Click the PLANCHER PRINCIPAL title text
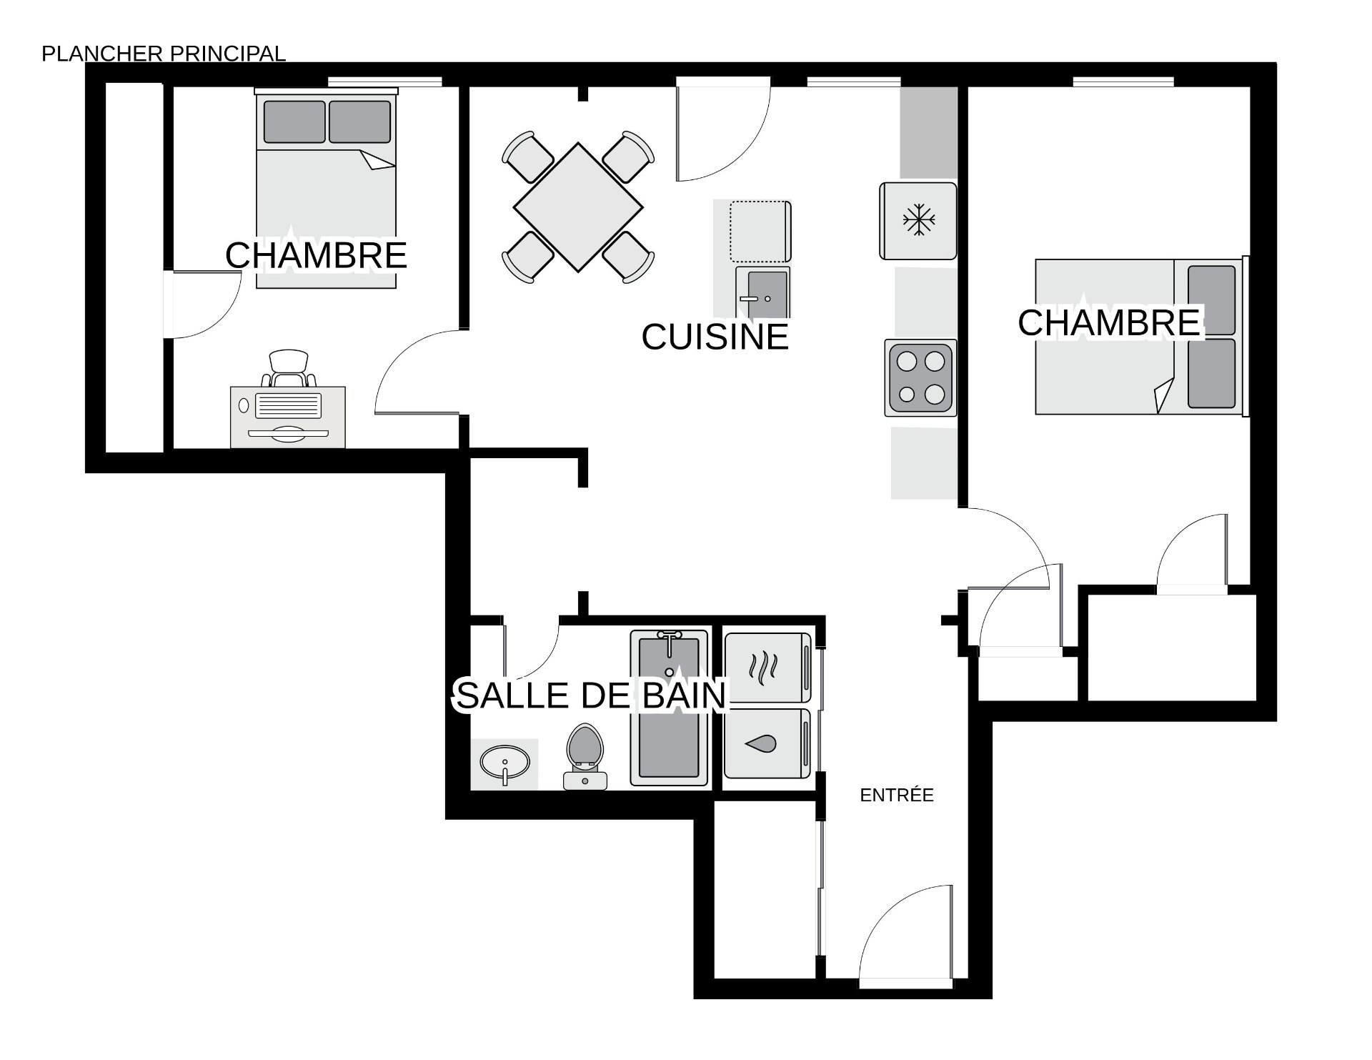[x=164, y=54]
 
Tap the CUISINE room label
[x=715, y=337]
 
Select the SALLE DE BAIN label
[x=591, y=695]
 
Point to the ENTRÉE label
[x=897, y=795]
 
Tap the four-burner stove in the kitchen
[x=920, y=378]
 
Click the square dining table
[x=578, y=208]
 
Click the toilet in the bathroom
[x=585, y=757]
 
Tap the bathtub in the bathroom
[x=670, y=708]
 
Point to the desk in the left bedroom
[x=288, y=417]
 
